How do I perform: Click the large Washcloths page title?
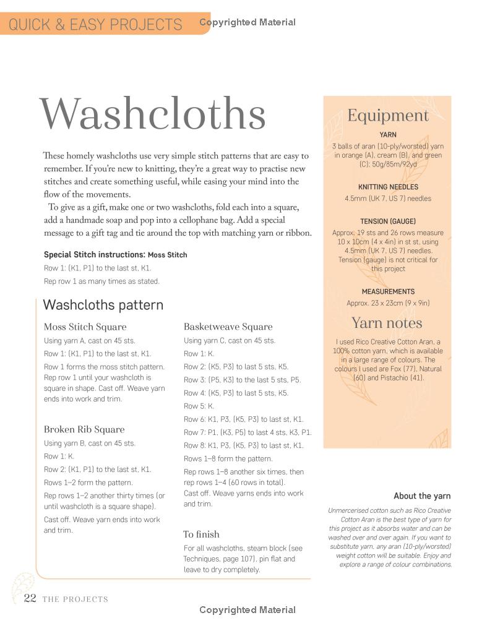point(153,115)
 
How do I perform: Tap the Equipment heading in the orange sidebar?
point(387,116)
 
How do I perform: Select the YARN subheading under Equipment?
point(388,134)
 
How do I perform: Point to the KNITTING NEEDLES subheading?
point(388,187)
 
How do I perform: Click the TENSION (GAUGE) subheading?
point(388,221)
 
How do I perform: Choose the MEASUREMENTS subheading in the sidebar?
point(388,291)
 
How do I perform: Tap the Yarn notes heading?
point(387,323)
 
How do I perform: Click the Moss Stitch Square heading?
point(85,327)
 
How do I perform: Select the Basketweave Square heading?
point(228,327)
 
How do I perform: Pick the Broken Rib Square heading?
point(84,429)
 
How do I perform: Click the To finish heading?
point(201,534)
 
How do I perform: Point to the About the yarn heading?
point(422,496)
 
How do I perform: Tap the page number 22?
point(30,598)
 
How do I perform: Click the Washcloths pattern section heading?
point(103,305)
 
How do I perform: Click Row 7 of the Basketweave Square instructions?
point(247,432)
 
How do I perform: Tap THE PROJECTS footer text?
point(75,599)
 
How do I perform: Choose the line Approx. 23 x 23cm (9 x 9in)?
point(388,303)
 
